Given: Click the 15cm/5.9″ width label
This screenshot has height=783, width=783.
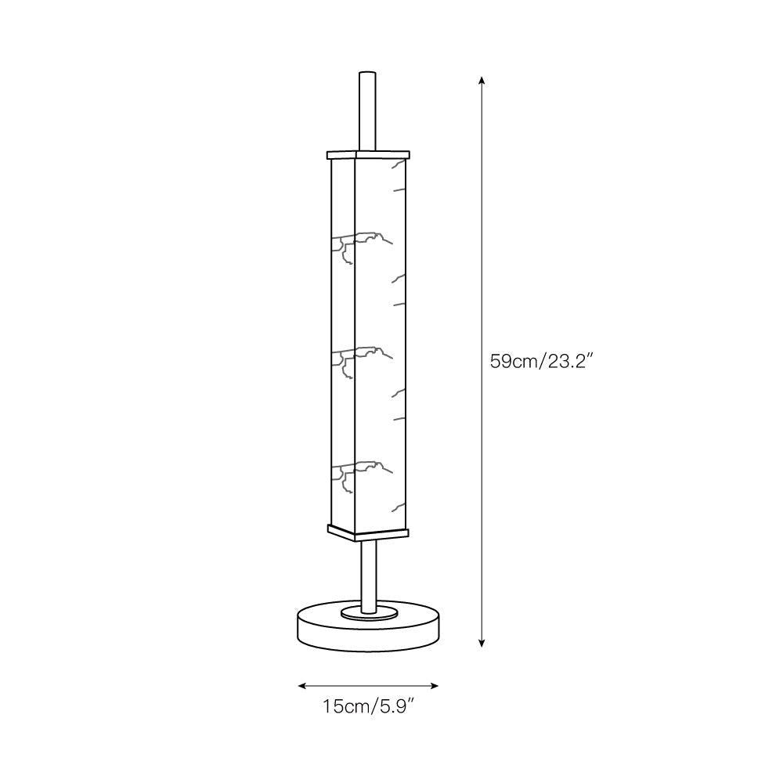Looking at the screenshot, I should point(368,707).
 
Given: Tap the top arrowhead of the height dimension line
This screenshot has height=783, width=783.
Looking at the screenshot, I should point(482,79).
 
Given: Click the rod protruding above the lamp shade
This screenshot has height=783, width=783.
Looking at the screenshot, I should point(367,110).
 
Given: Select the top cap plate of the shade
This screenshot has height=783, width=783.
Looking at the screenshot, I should point(368,153).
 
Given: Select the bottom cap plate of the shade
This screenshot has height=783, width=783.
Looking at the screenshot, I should point(368,532).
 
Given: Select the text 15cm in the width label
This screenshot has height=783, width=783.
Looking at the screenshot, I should point(342,707).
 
